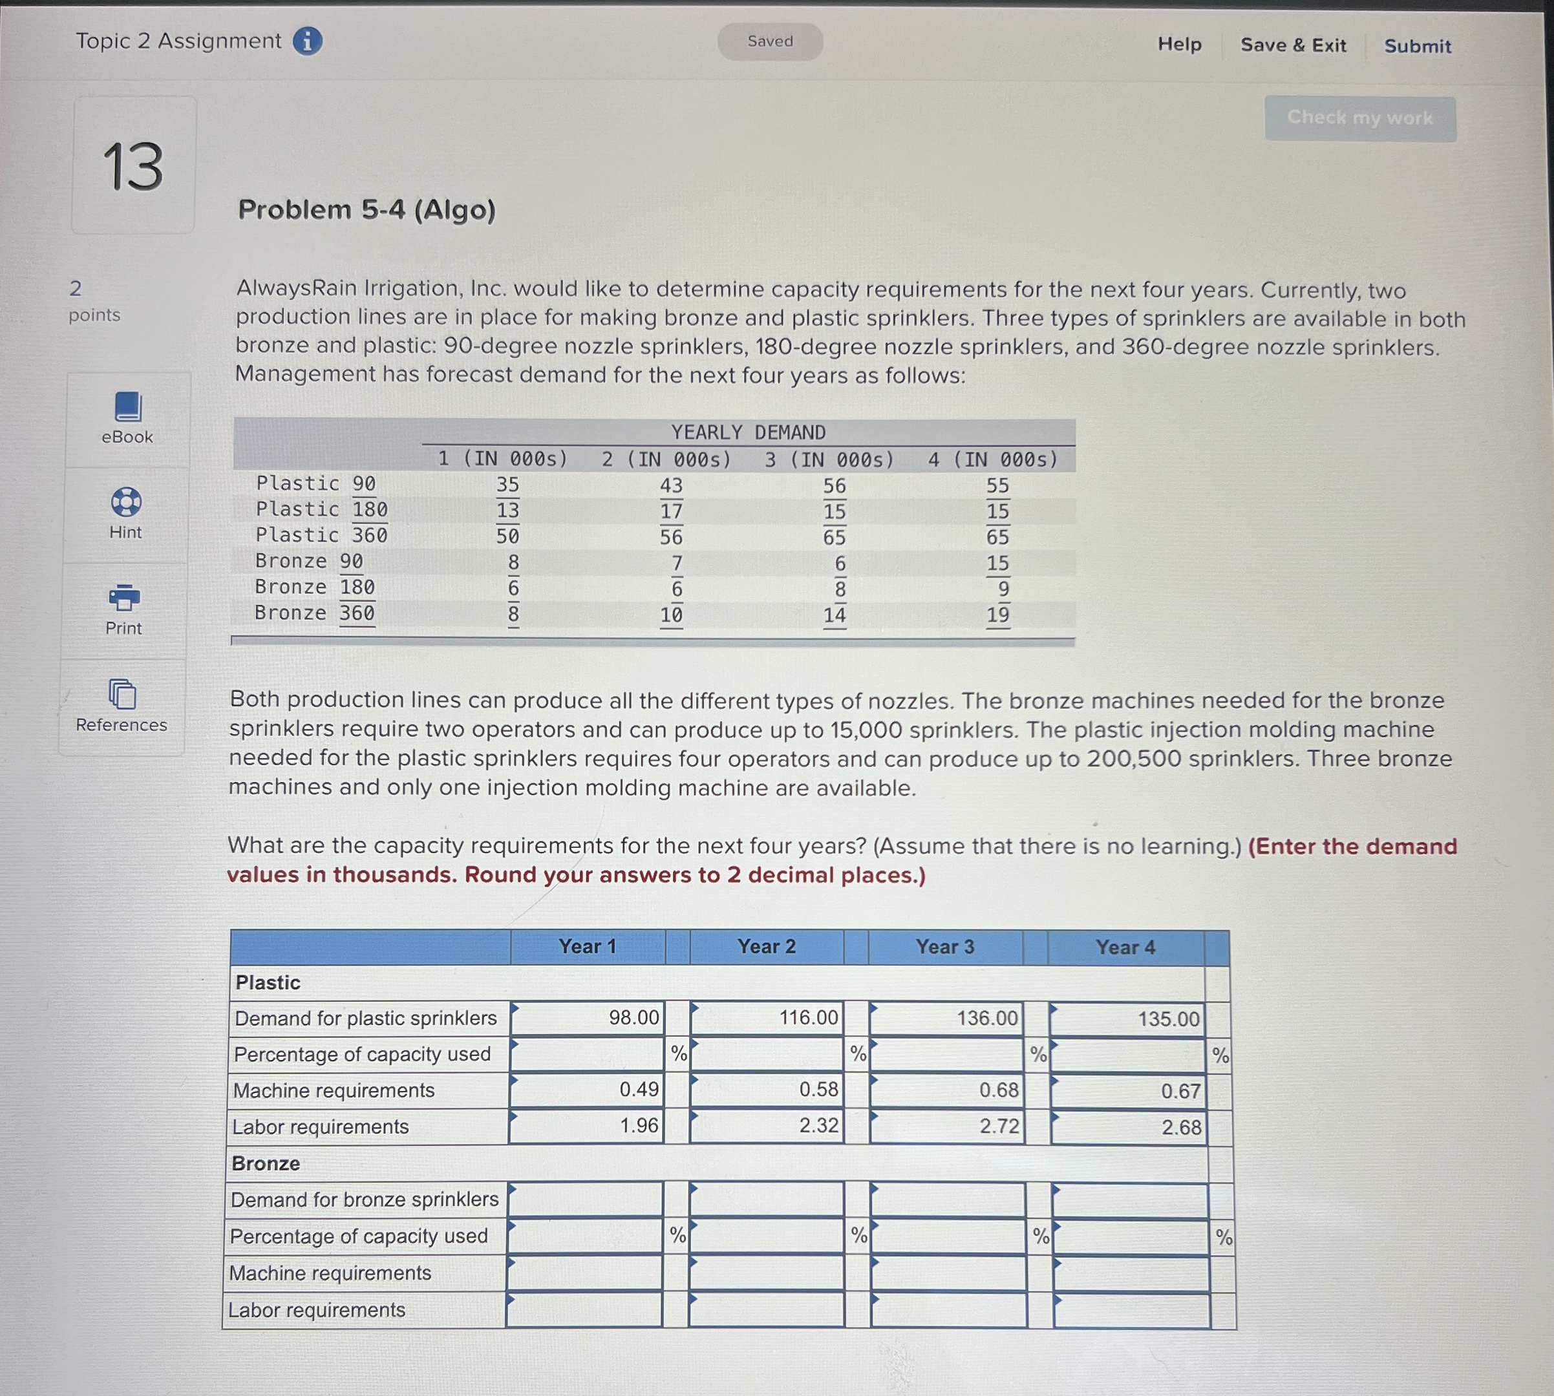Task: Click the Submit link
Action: pyautogui.click(x=1417, y=46)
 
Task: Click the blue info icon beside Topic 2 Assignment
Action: pyautogui.click(x=307, y=41)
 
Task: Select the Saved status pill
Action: pyautogui.click(x=769, y=41)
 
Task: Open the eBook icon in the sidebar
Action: pyautogui.click(x=127, y=407)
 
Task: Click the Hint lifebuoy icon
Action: pyautogui.click(x=126, y=502)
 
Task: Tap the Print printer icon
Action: pyautogui.click(x=124, y=598)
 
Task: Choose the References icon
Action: pyautogui.click(x=122, y=694)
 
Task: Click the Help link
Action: pyautogui.click(x=1179, y=45)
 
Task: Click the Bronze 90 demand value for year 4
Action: pyautogui.click(x=997, y=563)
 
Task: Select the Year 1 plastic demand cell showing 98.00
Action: pyautogui.click(x=588, y=1018)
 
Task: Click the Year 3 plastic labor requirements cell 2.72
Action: pyautogui.click(x=947, y=1126)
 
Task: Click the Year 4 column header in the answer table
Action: pyautogui.click(x=1125, y=947)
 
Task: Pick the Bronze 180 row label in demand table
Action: pyautogui.click(x=314, y=587)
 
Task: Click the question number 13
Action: pyautogui.click(x=133, y=167)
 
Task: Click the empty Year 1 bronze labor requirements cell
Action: pyautogui.click(x=584, y=1310)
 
